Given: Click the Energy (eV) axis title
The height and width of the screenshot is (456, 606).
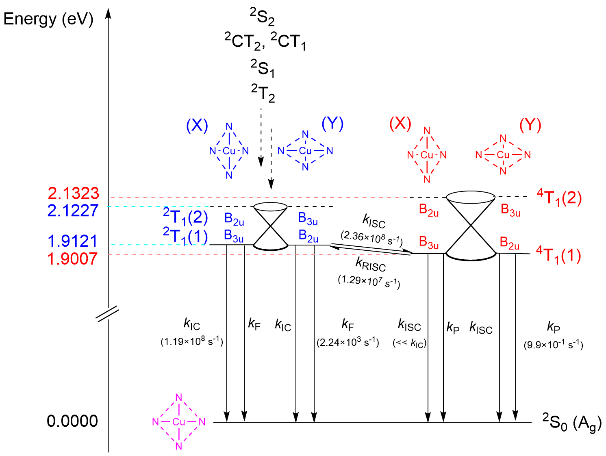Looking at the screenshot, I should coord(48,19).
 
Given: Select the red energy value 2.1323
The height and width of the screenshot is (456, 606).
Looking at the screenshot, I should coord(73,193).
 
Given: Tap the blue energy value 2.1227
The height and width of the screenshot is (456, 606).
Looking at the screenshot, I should coord(73,211).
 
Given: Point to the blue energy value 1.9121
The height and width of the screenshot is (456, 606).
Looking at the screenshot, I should coord(73,241).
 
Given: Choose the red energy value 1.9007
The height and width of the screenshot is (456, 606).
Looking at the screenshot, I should coord(73,259).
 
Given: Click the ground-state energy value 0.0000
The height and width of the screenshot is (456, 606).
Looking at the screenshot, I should coord(72,421).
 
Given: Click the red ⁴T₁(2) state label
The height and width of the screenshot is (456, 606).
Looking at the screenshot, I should coord(559,198).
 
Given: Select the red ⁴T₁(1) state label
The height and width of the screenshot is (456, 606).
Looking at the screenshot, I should coord(558,256).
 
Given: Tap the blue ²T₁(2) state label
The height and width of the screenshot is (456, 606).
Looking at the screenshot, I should coord(185,217).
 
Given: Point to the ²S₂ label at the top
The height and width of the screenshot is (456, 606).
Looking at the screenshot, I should coord(262,17).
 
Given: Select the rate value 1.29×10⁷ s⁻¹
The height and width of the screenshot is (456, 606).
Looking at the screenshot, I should coord(369,282).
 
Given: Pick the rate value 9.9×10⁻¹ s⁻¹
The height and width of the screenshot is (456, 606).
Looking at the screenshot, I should coord(553,345).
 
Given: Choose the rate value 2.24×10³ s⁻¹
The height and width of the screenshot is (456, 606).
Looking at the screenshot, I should coord(348,343).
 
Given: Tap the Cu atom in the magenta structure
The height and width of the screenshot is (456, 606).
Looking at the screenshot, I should coord(179,422).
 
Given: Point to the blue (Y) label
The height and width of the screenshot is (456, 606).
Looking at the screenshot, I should coord(332,124).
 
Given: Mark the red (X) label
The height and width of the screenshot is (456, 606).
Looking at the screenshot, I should coord(400,123).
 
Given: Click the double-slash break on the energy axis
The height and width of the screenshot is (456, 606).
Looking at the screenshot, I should coord(108,314).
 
